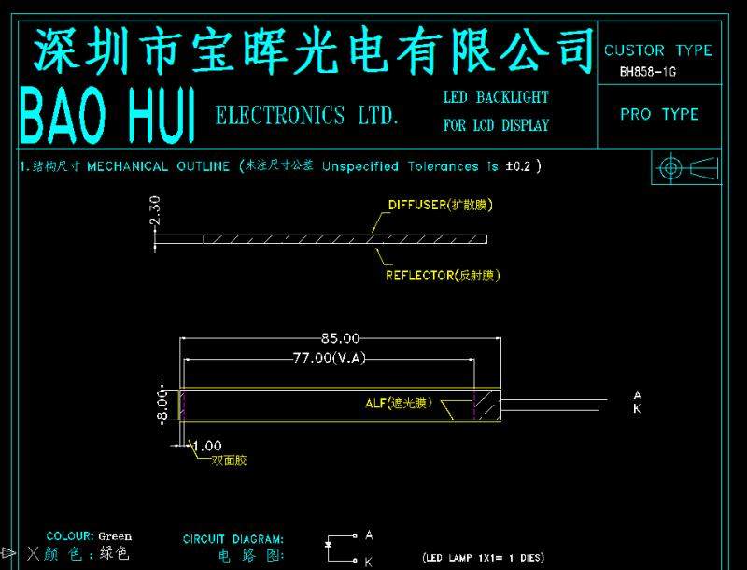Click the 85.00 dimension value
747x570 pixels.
(x=340, y=337)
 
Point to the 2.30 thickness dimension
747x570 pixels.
(x=156, y=210)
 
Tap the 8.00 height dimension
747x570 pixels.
(x=162, y=405)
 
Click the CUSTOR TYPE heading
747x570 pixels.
(x=657, y=50)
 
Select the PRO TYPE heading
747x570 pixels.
(x=659, y=114)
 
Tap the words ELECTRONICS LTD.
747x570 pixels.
(x=307, y=116)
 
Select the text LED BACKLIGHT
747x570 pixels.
(x=496, y=97)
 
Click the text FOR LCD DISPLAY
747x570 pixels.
(x=496, y=125)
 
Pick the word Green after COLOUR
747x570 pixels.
(x=115, y=536)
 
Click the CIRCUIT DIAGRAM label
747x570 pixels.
(x=233, y=539)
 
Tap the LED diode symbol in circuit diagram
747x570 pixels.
(x=328, y=544)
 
